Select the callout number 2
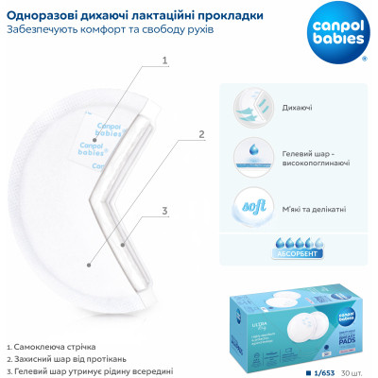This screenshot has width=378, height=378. (201, 134)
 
